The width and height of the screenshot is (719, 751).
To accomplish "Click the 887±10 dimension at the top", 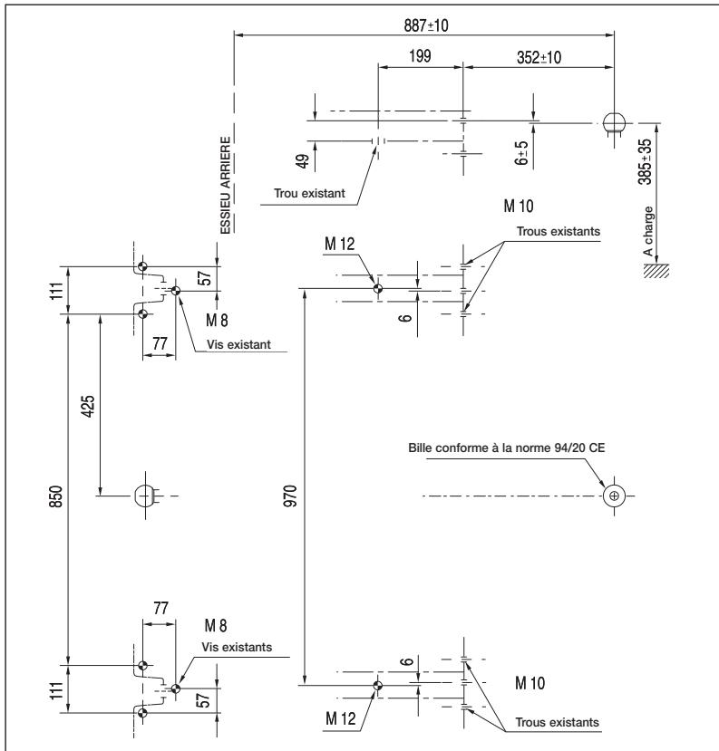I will [423, 25].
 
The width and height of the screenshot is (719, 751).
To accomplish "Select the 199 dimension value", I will [420, 56].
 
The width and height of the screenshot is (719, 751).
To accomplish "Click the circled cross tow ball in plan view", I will [615, 496].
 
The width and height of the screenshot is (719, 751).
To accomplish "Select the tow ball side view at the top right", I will [615, 124].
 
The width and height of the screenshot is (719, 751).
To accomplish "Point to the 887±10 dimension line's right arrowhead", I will [611, 36].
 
